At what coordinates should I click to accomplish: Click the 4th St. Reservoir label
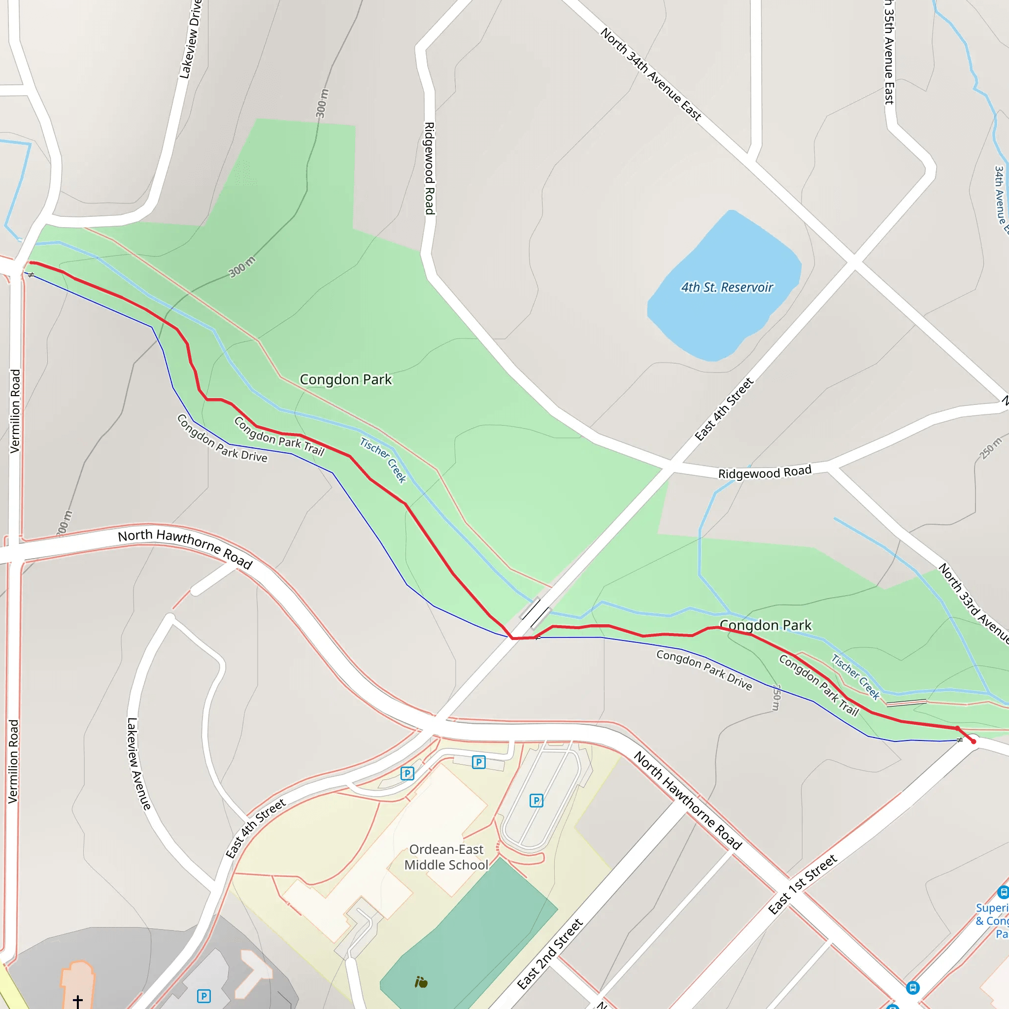pyautogui.click(x=727, y=287)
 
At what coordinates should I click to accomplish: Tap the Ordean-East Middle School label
pyautogui.click(x=446, y=857)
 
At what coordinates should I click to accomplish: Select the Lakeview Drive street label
pyautogui.click(x=190, y=39)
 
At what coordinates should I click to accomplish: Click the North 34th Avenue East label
pyautogui.click(x=650, y=74)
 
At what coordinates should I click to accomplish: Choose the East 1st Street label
pyautogui.click(x=802, y=884)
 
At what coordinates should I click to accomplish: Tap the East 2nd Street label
pyautogui.click(x=549, y=954)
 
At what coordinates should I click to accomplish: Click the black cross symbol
pyautogui.click(x=78, y=1001)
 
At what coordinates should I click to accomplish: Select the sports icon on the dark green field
pyautogui.click(x=421, y=983)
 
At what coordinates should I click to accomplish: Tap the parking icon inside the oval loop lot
pyautogui.click(x=537, y=801)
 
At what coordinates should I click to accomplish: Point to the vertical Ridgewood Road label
pyautogui.click(x=429, y=168)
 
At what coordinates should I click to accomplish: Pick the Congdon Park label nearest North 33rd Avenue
pyautogui.click(x=765, y=625)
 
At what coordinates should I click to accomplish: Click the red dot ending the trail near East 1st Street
pyautogui.click(x=974, y=741)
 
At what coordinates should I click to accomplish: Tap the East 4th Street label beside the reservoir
pyautogui.click(x=724, y=409)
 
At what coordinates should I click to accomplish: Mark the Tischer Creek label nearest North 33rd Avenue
pyautogui.click(x=855, y=676)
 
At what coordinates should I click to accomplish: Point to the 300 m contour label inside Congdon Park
pyautogui.click(x=242, y=267)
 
